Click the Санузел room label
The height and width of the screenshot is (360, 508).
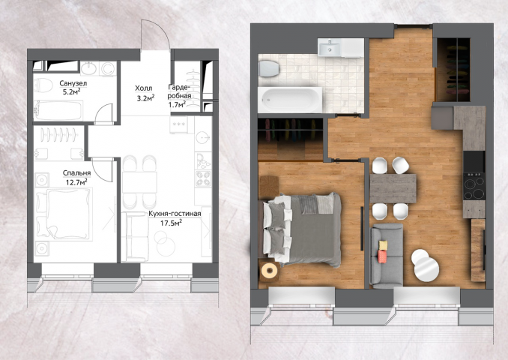tap(73, 83)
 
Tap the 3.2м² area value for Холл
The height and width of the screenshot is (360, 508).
tap(145, 97)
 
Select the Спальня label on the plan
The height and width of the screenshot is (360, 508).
tap(76, 173)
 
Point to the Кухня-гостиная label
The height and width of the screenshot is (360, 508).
tap(175, 214)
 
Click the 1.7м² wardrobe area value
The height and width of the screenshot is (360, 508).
tap(177, 104)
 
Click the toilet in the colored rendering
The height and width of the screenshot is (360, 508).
tap(268, 68)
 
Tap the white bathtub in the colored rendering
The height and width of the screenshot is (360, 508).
tap(290, 100)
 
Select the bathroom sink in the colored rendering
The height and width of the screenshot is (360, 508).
tap(329, 48)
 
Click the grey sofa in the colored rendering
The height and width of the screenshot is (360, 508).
tap(387, 256)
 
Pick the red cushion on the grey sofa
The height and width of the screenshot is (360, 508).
tap(382, 256)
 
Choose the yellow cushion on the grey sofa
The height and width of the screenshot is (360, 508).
tap(384, 245)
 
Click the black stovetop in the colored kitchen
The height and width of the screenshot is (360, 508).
tap(474, 186)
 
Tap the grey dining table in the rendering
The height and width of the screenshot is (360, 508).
tap(393, 189)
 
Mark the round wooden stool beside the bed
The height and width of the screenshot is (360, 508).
tap(270, 270)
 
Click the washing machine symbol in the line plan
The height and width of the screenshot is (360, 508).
tap(108, 69)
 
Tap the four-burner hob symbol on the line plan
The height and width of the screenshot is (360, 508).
tap(203, 178)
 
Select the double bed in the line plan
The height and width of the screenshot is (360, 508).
tap(63, 214)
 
